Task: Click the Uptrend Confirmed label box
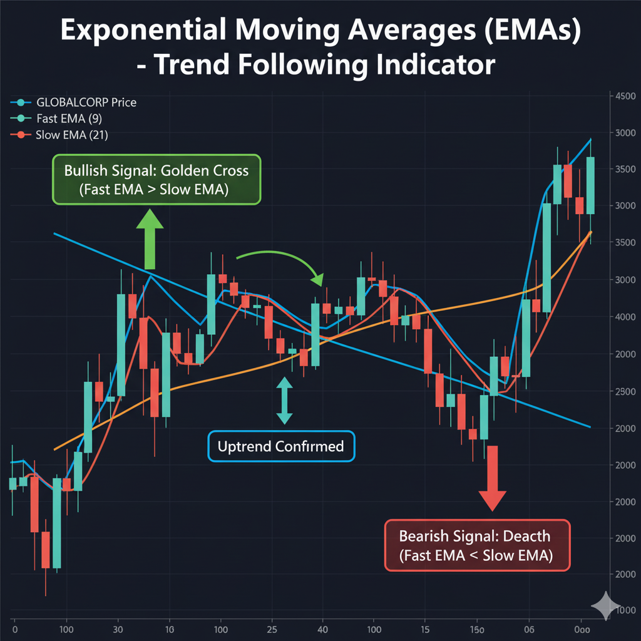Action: tap(280, 446)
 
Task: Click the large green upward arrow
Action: tap(150, 232)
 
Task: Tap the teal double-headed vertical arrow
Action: tap(285, 399)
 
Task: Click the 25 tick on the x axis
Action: tap(272, 628)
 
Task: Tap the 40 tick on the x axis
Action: tap(322, 628)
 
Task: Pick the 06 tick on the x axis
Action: tap(529, 628)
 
